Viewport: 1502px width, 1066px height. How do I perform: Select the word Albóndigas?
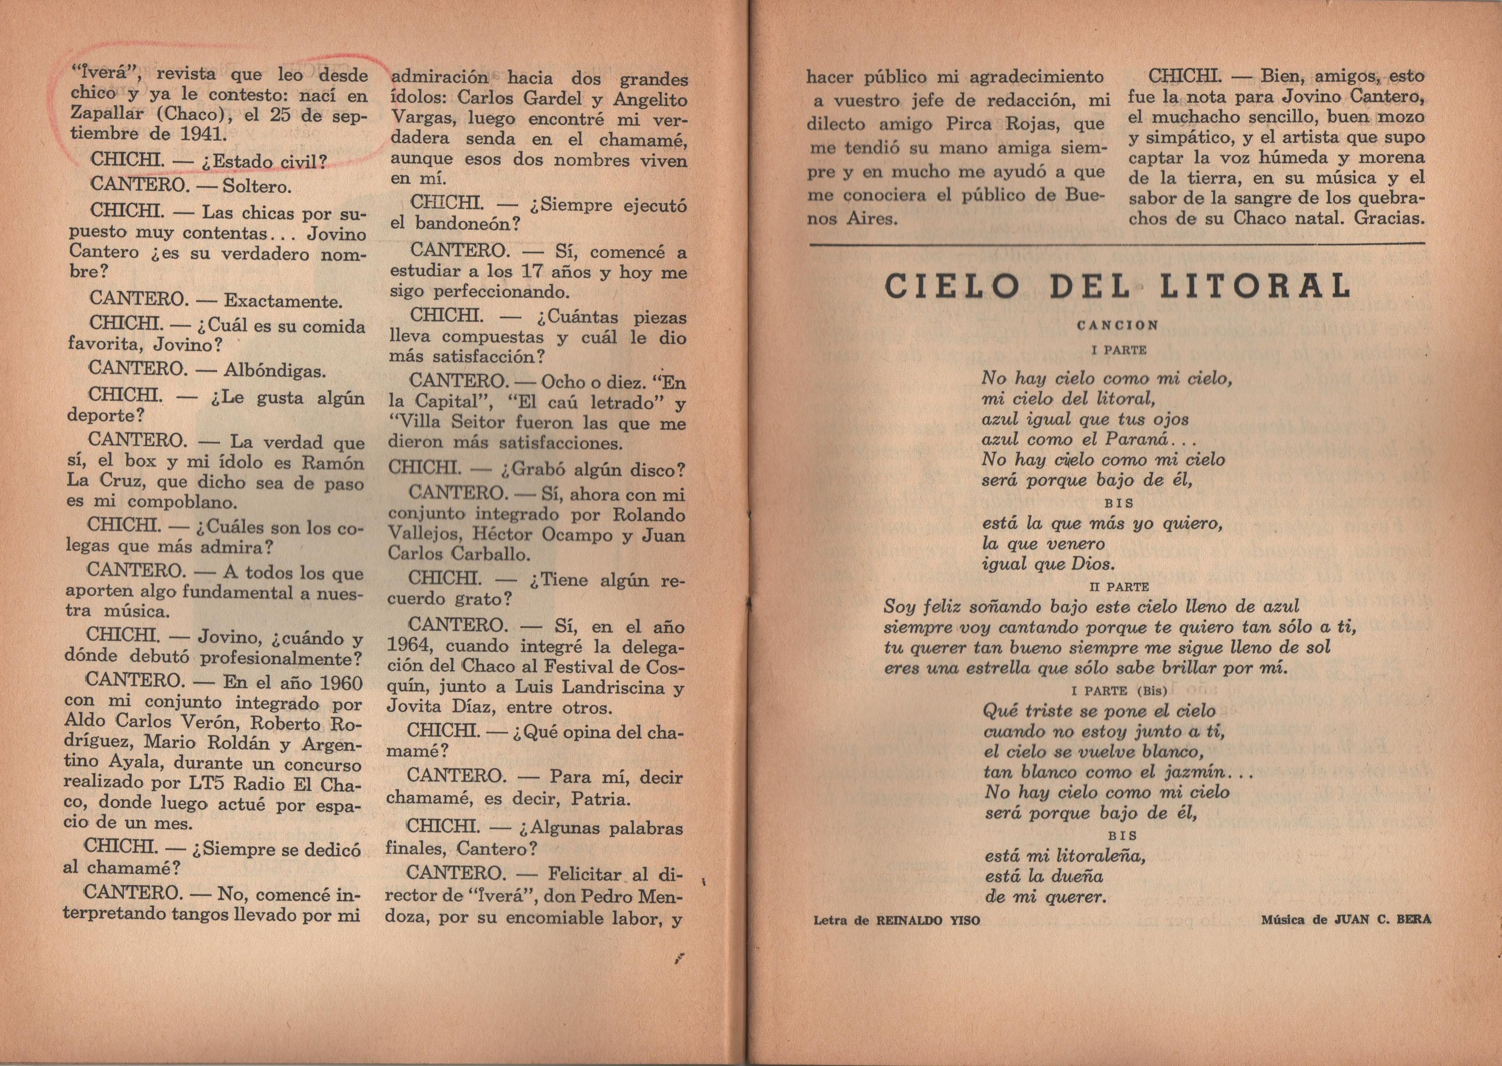275,371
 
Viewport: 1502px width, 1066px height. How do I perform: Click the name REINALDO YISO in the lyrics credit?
928,921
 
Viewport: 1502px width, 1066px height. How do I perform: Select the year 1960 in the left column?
336,684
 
